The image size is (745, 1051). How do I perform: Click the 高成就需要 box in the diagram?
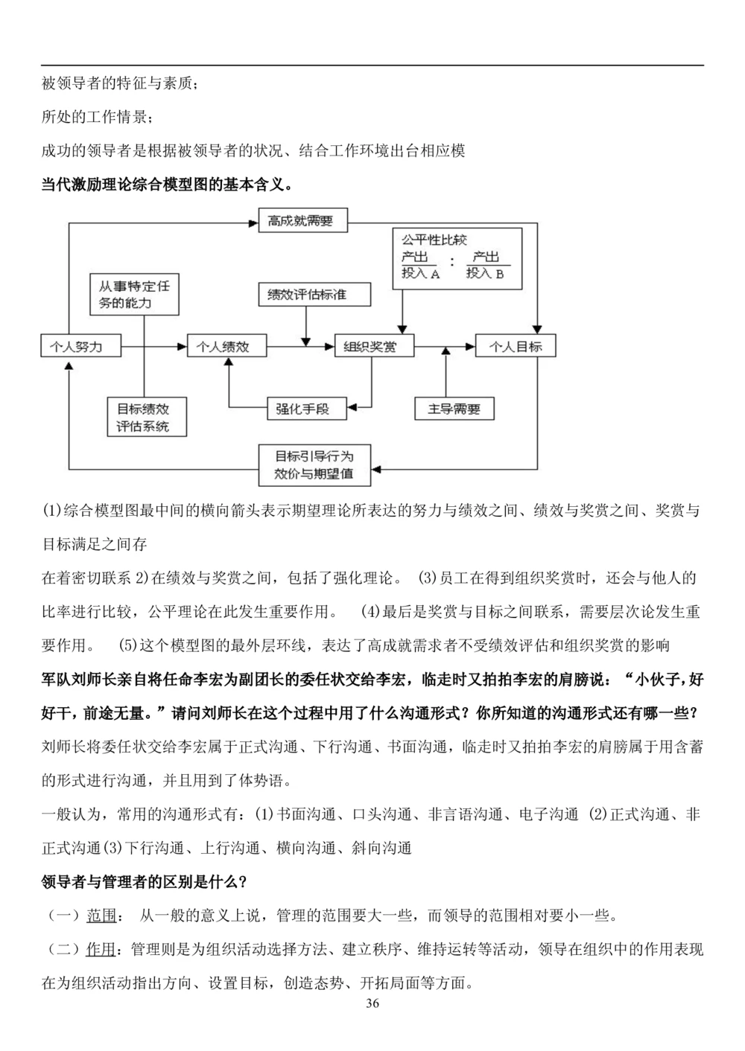(302, 221)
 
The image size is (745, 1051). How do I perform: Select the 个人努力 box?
(80, 346)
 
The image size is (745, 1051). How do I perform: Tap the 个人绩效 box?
(226, 346)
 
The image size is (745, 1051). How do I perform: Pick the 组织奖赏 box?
(373, 346)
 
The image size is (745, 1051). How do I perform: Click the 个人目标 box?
(516, 346)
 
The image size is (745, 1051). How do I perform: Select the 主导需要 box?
(454, 408)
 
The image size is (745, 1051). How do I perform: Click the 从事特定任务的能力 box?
(134, 294)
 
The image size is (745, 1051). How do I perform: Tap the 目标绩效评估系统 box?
(147, 417)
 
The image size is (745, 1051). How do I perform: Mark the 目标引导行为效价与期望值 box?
(314, 464)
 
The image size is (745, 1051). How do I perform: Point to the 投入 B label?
(485, 273)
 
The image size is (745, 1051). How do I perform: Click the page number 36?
(372, 1003)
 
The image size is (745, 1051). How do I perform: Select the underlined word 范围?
(101, 916)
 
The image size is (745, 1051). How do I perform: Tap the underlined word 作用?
(101, 949)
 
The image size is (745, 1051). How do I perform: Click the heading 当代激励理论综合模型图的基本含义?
(167, 184)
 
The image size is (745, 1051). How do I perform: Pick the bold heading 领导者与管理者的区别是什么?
(144, 882)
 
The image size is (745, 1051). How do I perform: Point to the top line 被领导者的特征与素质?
(119, 83)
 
